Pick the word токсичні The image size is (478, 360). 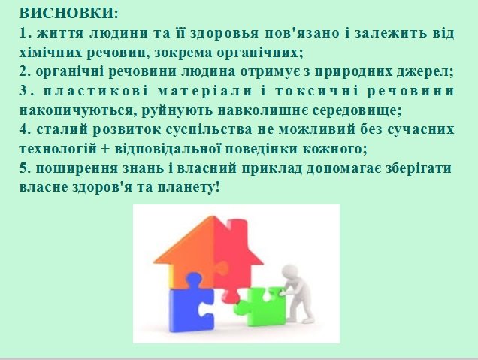316,91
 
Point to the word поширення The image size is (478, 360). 77,168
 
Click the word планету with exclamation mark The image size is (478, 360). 189,187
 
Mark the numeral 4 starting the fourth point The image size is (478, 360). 23,129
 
